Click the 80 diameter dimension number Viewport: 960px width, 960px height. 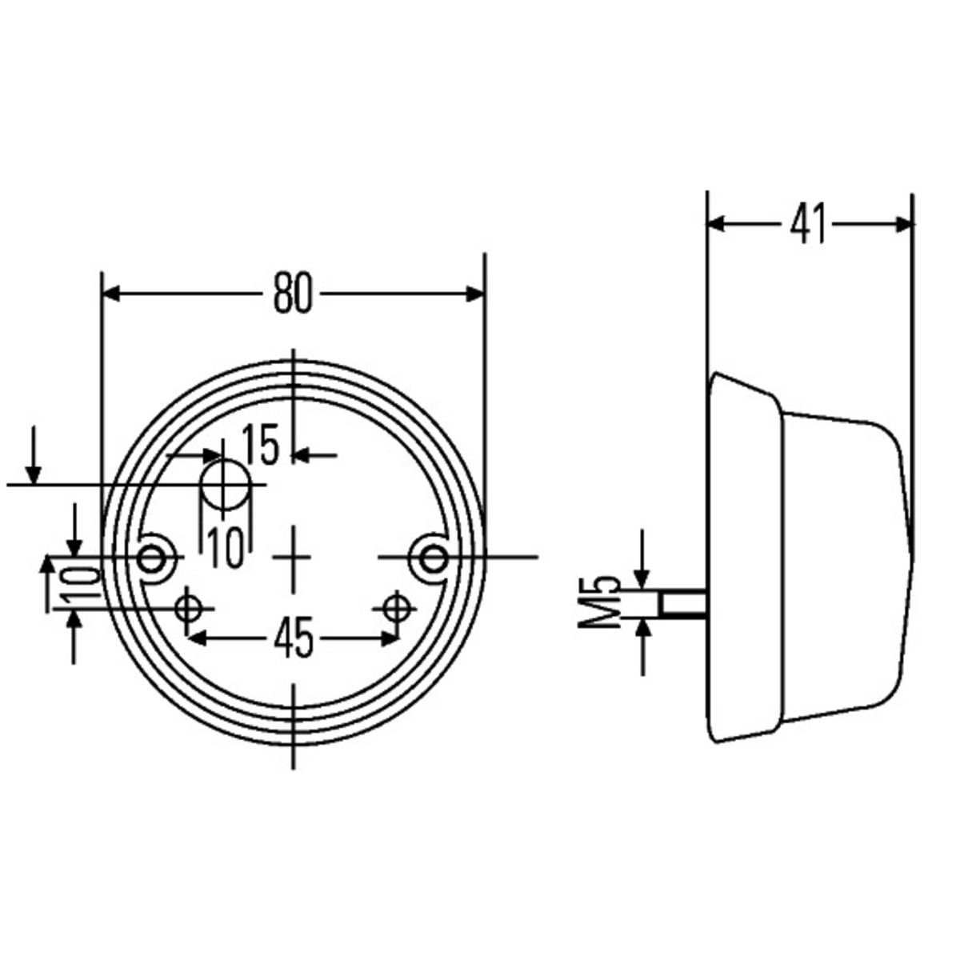[294, 294]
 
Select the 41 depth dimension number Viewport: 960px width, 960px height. [808, 224]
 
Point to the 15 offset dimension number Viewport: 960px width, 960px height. [260, 446]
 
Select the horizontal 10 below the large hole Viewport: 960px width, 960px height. [226, 549]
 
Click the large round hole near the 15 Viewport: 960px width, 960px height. [224, 484]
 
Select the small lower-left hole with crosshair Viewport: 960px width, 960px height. [190, 609]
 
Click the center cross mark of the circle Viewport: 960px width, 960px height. [294, 557]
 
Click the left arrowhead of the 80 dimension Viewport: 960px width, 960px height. [113, 294]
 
